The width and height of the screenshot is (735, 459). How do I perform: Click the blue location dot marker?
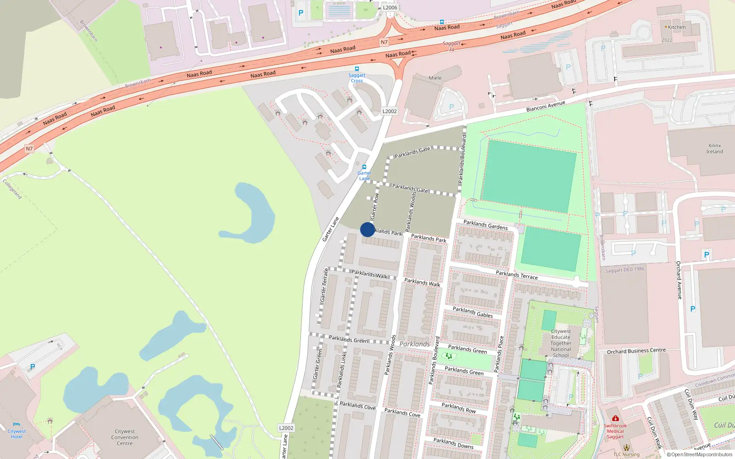pos(367,229)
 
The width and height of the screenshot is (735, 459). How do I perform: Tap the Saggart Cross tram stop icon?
pos(357,69)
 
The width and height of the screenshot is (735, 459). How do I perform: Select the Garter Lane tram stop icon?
pos(364,168)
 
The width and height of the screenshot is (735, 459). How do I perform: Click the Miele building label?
pos(435,78)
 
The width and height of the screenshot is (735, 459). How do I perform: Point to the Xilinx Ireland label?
pos(714,149)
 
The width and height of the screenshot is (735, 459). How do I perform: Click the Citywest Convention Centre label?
pos(124,437)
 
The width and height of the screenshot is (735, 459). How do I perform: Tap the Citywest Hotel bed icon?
pos(17,425)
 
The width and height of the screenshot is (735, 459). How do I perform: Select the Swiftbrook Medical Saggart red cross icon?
pos(615,419)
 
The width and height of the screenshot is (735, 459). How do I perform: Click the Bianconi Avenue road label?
pos(546,107)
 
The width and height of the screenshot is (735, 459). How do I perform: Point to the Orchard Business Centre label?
pos(636,351)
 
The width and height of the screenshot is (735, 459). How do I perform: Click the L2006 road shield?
pos(390,7)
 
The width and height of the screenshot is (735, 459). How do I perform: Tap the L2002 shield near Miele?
pos(390,111)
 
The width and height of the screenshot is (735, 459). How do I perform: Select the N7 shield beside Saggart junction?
pos(384,42)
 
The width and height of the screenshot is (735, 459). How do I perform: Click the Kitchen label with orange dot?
pos(676,27)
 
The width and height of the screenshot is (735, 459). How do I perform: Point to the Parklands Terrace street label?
pos(516,275)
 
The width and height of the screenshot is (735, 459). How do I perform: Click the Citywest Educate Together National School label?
pos(561,343)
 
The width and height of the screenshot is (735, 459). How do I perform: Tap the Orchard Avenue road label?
pos(678,280)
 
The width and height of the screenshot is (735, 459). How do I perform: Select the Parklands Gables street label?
pos(473,312)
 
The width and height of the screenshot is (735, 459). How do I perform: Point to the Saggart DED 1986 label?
pos(625,270)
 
